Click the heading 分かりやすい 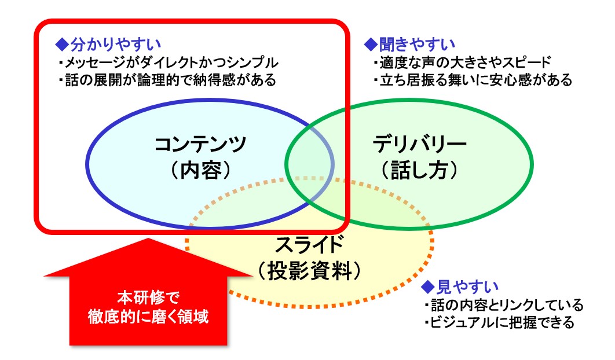[116, 45]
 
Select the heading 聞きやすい [417, 45]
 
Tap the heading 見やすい [467, 286]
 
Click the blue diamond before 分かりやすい [62, 45]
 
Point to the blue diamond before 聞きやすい [371, 45]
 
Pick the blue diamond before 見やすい [428, 286]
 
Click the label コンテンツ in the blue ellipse [200, 144]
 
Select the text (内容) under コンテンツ [200, 170]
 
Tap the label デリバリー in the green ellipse [419, 144]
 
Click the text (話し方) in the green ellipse [419, 170]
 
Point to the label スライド [309, 245]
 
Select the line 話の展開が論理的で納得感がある [167, 80]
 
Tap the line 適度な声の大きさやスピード [463, 63]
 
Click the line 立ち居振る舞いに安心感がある [473, 80]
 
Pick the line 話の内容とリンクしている [504, 304]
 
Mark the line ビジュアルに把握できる [499, 322]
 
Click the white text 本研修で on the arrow [148, 297]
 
